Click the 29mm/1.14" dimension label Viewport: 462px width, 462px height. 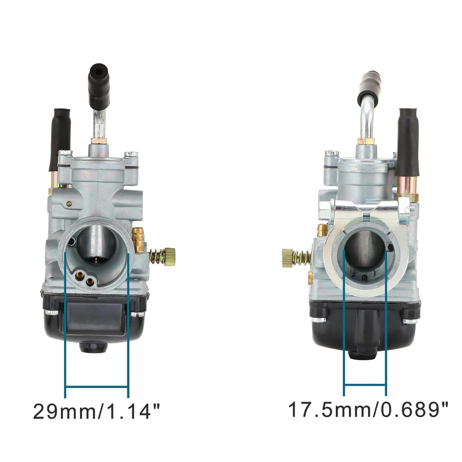click(96, 411)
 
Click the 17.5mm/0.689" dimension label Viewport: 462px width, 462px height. click(368, 410)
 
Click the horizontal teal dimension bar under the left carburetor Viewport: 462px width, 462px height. click(97, 388)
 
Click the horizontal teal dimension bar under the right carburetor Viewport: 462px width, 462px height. click(365, 385)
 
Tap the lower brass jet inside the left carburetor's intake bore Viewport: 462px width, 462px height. click(90, 281)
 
